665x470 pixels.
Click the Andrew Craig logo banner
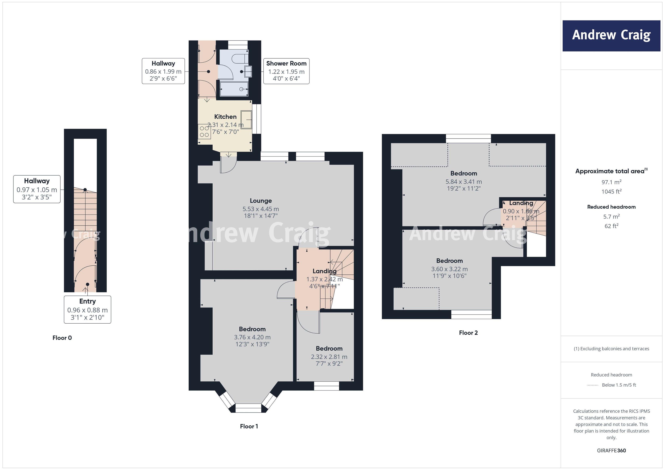pyautogui.click(x=611, y=36)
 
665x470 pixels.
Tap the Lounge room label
pyautogui.click(x=261, y=201)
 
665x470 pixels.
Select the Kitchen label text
pyautogui.click(x=225, y=117)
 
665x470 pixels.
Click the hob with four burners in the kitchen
pyautogui.click(x=204, y=131)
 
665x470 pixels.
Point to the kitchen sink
pyautogui.click(x=246, y=120)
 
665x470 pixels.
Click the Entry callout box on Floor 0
pyautogui.click(x=87, y=309)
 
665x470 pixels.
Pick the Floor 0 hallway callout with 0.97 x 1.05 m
pyautogui.click(x=37, y=189)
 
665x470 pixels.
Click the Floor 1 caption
pyautogui.click(x=249, y=426)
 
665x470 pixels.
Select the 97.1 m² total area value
pyautogui.click(x=611, y=182)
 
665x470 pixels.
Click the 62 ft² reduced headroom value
pyautogui.click(x=611, y=226)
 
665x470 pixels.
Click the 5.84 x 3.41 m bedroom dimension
pyautogui.click(x=463, y=182)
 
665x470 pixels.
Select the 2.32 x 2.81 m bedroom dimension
pyautogui.click(x=329, y=357)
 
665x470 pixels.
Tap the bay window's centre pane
pyautogui.click(x=248, y=408)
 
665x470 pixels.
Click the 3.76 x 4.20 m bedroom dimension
pyautogui.click(x=252, y=337)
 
